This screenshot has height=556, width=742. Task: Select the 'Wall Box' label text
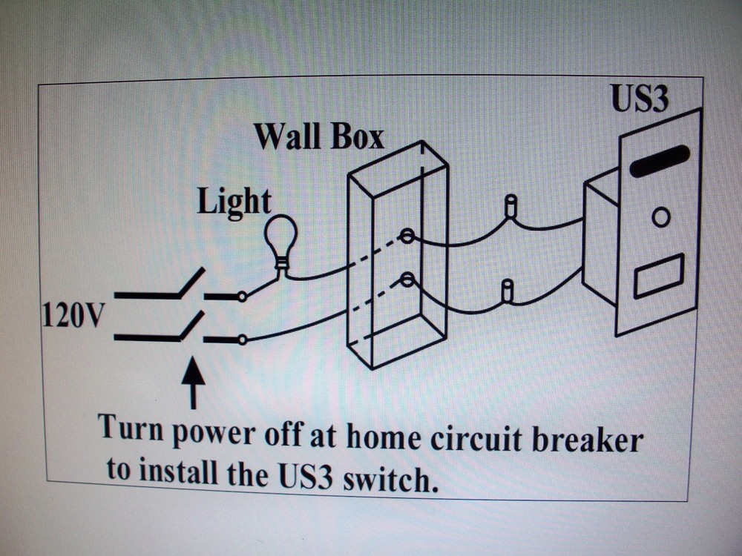tap(319, 137)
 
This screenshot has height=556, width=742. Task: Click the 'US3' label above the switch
tap(639, 99)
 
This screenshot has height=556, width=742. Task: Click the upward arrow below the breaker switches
tap(193, 382)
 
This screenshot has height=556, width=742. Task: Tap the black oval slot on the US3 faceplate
tap(660, 161)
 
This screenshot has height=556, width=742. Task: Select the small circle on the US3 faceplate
tap(660, 217)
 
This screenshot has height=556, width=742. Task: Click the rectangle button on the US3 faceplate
tap(659, 276)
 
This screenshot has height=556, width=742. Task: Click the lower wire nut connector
tap(508, 291)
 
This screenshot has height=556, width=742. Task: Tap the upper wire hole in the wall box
tap(407, 236)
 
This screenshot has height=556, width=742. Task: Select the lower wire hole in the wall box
tap(407, 279)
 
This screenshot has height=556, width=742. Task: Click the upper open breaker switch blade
tap(191, 282)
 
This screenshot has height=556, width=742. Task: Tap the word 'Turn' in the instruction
tap(130, 428)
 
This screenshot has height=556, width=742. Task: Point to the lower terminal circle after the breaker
tap(242, 340)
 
